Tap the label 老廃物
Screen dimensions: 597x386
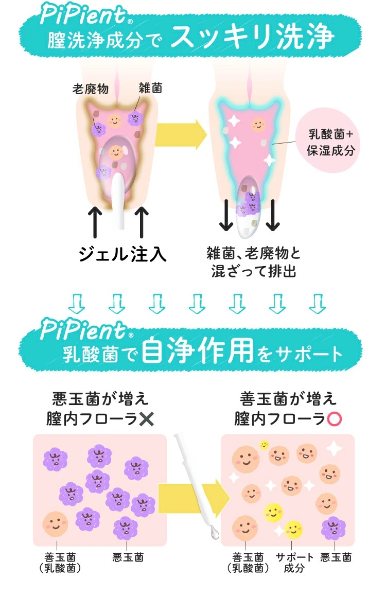pyautogui.click(x=90, y=89)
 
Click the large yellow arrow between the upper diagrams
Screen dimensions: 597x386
pyautogui.click(x=181, y=135)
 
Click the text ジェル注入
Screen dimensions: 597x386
pyautogui.click(x=122, y=254)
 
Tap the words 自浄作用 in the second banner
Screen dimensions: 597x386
pyautogui.click(x=199, y=352)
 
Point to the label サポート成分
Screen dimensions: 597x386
pyautogui.click(x=294, y=563)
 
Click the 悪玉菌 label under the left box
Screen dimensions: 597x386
pyautogui.click(x=128, y=557)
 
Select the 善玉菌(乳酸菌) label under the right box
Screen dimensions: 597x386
pyautogui.click(x=248, y=563)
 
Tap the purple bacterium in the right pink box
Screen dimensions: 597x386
pyautogui.click(x=334, y=528)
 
